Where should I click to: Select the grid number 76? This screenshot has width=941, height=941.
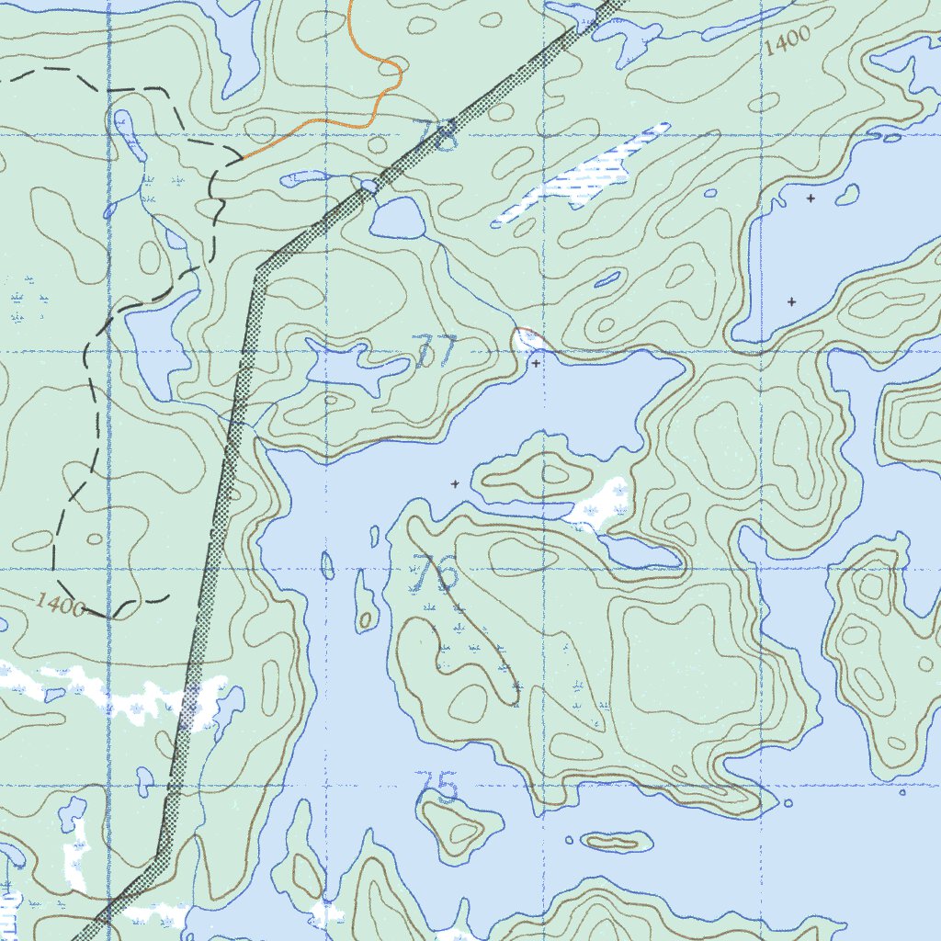point(436,574)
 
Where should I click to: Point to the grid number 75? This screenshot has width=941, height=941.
point(436,788)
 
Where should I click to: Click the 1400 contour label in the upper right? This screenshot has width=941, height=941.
point(787,41)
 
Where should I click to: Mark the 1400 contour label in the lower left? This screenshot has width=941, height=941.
point(62,604)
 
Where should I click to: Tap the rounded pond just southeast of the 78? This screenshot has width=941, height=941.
point(397,219)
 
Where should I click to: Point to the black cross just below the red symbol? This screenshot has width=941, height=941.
point(537,363)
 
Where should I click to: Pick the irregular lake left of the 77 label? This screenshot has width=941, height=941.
point(354,365)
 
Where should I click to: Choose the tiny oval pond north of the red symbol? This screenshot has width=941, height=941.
point(607,279)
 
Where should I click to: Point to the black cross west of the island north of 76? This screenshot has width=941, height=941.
point(454,482)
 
